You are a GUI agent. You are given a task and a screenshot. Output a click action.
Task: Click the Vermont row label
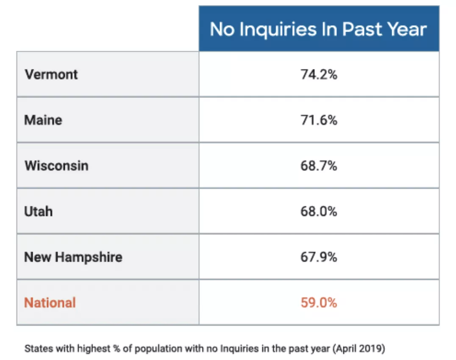point(51,75)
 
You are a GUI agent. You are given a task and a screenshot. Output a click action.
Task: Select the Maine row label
point(43,120)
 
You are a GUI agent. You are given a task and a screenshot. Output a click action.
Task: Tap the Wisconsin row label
point(56,166)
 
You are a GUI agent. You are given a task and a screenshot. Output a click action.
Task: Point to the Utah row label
point(39,211)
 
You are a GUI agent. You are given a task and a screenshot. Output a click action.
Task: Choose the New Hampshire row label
point(73,257)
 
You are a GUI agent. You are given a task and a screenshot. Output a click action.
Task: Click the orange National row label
point(50,303)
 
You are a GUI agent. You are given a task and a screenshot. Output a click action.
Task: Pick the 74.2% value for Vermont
point(319,75)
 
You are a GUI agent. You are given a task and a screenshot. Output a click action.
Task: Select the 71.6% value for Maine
point(319,120)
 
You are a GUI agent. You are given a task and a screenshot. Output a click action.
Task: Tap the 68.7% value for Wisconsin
point(319,166)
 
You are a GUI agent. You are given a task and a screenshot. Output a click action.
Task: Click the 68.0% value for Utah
point(319,211)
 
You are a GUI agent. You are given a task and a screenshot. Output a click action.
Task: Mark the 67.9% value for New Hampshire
point(319,257)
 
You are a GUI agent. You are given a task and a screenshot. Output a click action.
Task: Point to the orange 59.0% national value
point(319,303)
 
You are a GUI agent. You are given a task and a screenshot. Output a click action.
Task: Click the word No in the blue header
point(222,29)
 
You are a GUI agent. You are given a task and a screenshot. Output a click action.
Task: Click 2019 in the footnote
point(373,349)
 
